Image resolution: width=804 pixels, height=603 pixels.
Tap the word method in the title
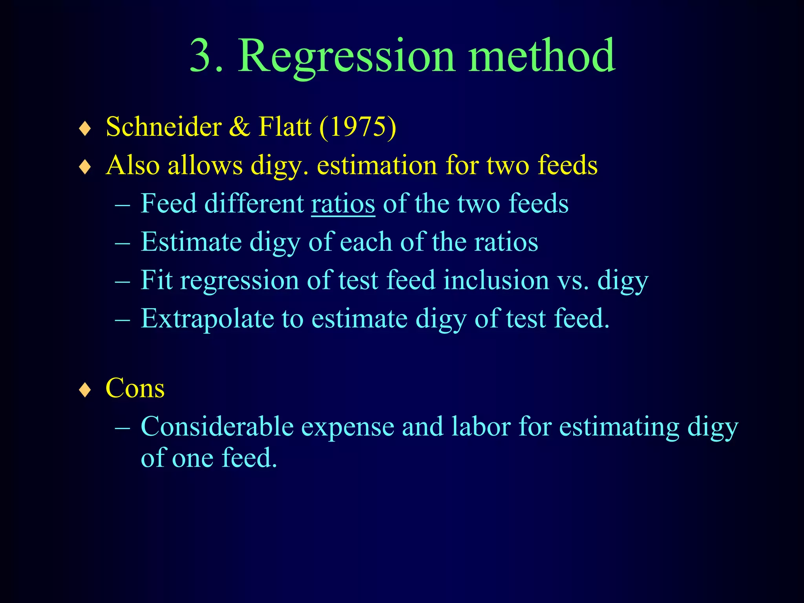point(542,56)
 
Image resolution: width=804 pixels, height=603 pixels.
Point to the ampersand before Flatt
point(240,127)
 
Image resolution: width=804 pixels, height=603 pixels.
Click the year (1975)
point(358,127)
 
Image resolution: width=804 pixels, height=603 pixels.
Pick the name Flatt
point(285,127)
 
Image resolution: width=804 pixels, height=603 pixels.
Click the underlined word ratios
point(343,204)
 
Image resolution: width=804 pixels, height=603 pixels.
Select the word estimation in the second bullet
point(377,165)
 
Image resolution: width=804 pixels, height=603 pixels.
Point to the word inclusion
point(496,280)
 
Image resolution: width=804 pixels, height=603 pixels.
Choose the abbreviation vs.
point(574,280)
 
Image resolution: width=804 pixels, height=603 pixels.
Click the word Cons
point(135,388)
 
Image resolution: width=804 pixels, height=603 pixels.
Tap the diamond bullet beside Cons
point(85,390)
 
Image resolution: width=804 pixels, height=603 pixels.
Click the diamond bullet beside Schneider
point(85,128)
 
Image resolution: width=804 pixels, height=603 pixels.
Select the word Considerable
point(217,426)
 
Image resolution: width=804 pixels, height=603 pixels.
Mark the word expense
point(348,427)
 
